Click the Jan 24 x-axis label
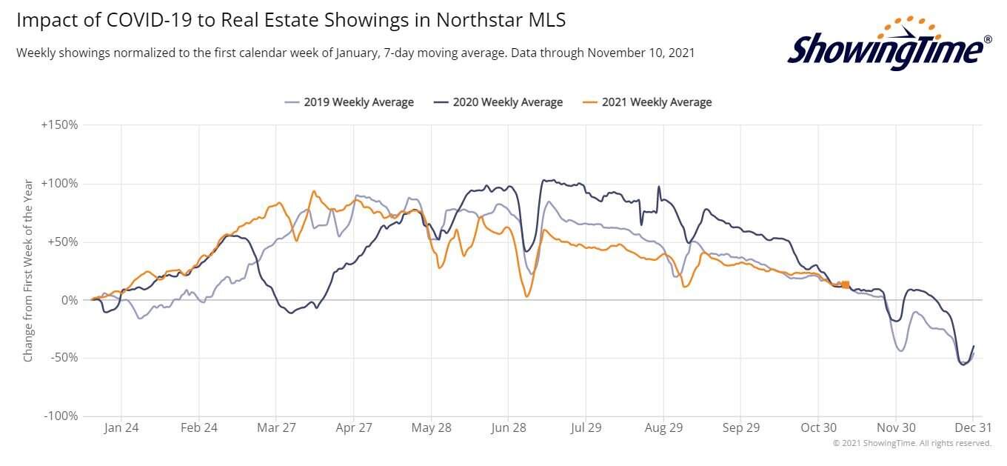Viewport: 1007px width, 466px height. click(x=121, y=429)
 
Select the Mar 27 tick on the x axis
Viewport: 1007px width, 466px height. click(x=275, y=429)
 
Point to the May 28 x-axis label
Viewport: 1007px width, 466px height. click(x=431, y=429)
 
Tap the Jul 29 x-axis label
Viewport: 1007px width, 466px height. click(x=586, y=429)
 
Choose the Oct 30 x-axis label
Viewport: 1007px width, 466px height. click(x=818, y=429)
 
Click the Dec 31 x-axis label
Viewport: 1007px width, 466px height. click(x=972, y=429)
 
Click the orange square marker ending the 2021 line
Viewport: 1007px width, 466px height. click(x=846, y=284)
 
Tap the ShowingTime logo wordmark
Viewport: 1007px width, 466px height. click(x=884, y=50)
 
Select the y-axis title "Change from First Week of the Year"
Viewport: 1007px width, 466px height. click(x=28, y=270)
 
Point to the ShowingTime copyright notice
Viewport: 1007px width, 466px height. click(x=911, y=443)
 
